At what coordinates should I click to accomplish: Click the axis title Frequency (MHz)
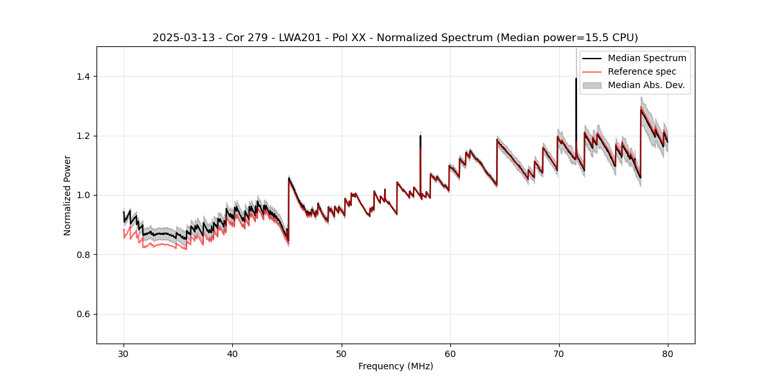tap(396, 366)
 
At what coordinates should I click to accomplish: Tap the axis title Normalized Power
tap(68, 195)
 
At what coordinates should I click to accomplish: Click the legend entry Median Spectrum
tap(647, 58)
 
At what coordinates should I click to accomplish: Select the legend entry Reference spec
tap(642, 71)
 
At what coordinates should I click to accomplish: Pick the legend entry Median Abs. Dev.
tap(646, 85)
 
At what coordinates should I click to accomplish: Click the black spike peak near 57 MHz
tap(420, 136)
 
